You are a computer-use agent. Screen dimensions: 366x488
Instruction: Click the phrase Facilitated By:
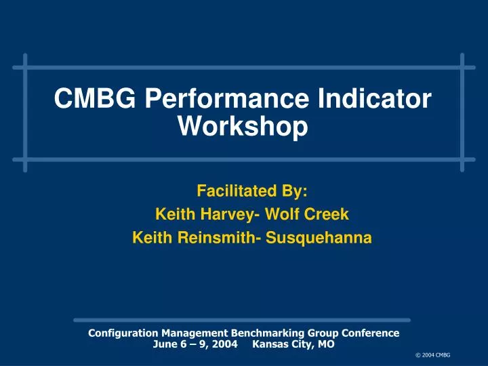click(x=251, y=191)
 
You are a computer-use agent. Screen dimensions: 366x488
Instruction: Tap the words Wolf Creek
click(x=307, y=215)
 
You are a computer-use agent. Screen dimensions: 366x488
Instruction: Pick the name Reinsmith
click(x=213, y=238)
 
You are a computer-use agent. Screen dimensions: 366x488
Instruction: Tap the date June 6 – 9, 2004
click(x=195, y=344)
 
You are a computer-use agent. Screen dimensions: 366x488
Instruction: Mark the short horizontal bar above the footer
click(x=242, y=320)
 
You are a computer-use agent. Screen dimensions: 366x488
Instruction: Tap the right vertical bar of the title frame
click(x=462, y=113)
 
